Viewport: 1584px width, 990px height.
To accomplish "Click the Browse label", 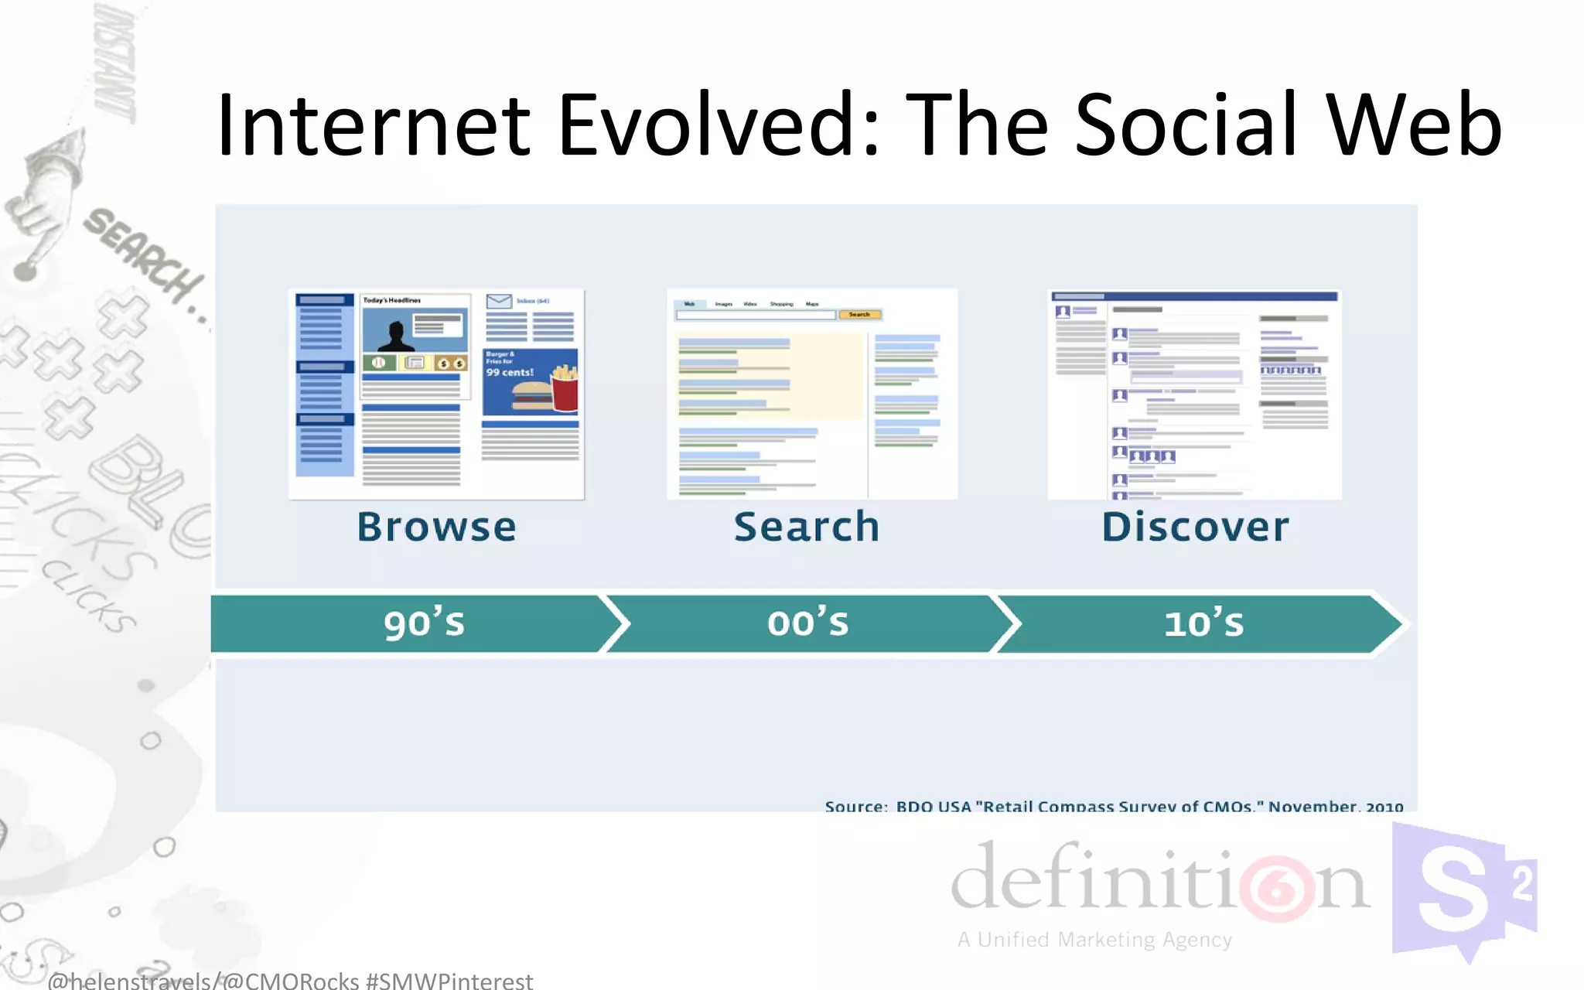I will (436, 527).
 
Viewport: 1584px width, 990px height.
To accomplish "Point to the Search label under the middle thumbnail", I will (807, 527).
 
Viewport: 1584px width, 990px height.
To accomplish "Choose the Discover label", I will (1195, 527).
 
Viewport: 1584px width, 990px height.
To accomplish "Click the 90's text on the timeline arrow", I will (424, 623).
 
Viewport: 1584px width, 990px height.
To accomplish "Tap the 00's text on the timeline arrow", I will (807, 623).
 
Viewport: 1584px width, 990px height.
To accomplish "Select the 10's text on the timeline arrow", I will (1203, 623).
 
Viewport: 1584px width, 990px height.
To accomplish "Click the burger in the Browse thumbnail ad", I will (531, 395).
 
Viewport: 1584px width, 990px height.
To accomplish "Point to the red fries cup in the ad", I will (565, 391).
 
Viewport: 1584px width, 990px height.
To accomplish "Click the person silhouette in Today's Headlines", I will (397, 337).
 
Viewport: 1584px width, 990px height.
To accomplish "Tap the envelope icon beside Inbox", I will (499, 301).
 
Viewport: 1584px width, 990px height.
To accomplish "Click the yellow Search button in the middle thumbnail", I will (859, 315).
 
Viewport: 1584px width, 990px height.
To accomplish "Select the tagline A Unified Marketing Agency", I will (1094, 940).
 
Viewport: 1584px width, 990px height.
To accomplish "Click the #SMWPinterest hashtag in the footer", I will (449, 981).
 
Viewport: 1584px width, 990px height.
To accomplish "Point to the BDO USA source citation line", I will (1114, 806).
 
